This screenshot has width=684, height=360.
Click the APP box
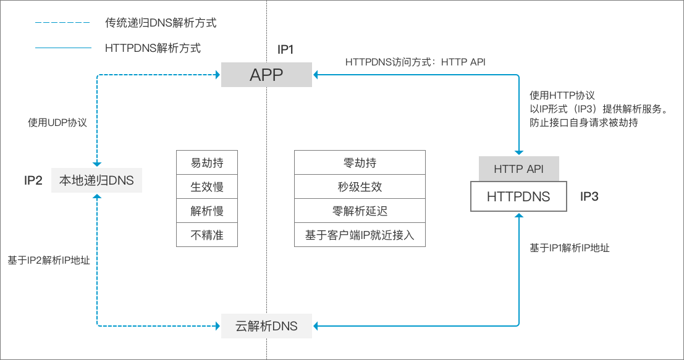pos(266,75)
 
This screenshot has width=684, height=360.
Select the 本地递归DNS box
pos(96,180)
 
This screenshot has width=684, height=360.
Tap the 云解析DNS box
pos(266,325)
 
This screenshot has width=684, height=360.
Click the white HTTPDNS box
pos(518,197)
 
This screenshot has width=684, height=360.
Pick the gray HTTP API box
pos(518,169)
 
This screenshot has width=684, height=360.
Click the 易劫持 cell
pos(207,163)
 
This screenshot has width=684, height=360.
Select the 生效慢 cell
pos(207,187)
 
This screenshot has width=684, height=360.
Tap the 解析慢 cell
pos(207,211)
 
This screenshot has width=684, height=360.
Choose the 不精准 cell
pos(207,235)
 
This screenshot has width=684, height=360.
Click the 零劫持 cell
pos(360,163)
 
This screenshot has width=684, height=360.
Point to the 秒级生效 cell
pos(360,187)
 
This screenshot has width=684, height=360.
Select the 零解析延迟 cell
pos(360,211)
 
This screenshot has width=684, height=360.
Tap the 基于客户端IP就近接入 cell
pos(360,235)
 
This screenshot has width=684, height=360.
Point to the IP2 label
pos(33,180)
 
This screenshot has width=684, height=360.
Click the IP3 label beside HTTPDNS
pos(589,197)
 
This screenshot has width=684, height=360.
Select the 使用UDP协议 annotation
pos(57,122)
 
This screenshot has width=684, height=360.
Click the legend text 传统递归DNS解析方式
pos(161,23)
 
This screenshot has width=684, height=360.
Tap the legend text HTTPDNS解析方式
pos(153,48)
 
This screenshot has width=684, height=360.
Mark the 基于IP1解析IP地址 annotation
pos(570,248)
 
